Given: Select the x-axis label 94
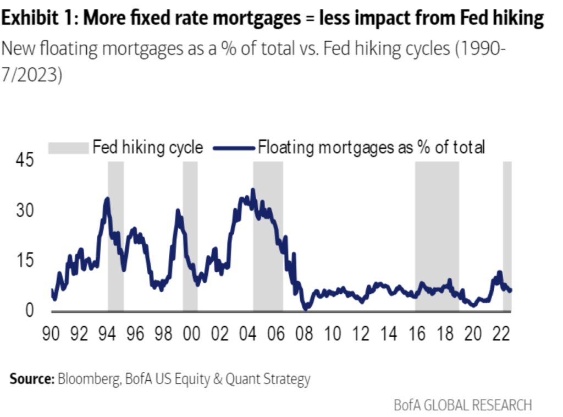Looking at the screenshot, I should [x=108, y=335].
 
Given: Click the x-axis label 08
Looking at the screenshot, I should [x=303, y=335].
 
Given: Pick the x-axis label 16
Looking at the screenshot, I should [x=416, y=335].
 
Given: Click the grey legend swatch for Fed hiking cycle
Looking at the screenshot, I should [x=68, y=147].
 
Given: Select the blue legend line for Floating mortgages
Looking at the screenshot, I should [x=234, y=147].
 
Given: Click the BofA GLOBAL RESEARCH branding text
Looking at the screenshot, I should [x=463, y=405].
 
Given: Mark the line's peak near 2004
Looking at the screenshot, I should [x=252, y=190].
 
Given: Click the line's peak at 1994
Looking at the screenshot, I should [x=107, y=199].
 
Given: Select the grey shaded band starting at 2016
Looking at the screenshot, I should [x=437, y=237].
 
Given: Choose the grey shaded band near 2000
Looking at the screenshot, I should [x=190, y=237].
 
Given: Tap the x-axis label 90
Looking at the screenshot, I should [x=52, y=335].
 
